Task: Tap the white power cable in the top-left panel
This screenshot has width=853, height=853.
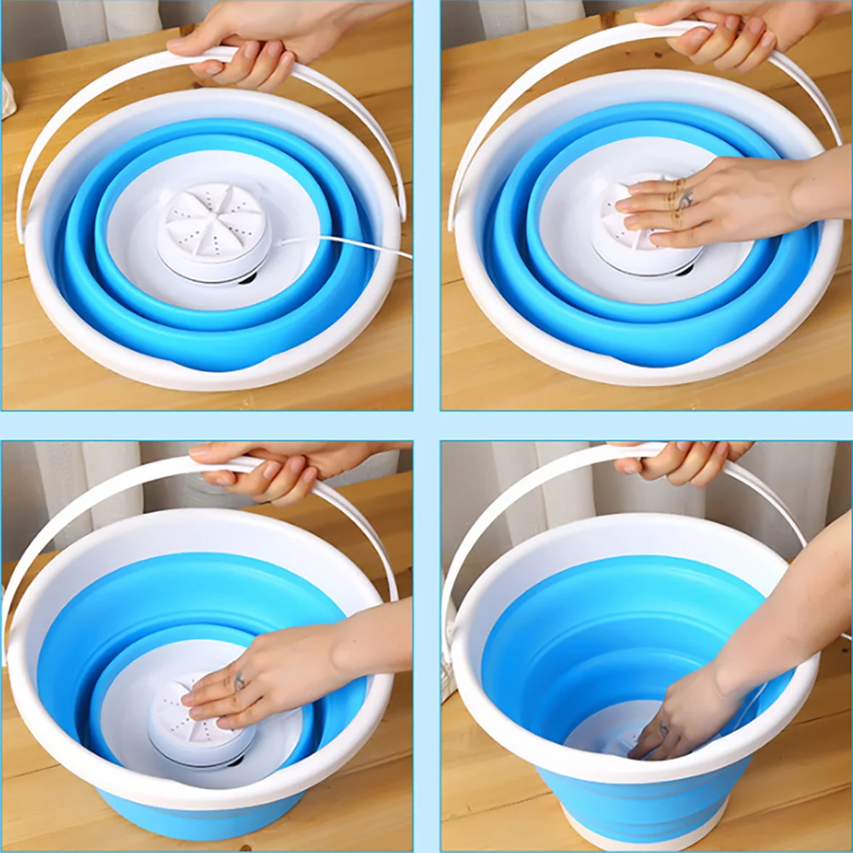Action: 358,247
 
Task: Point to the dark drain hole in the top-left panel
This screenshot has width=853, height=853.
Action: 247,278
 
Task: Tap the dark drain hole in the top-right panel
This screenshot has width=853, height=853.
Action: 683,271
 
